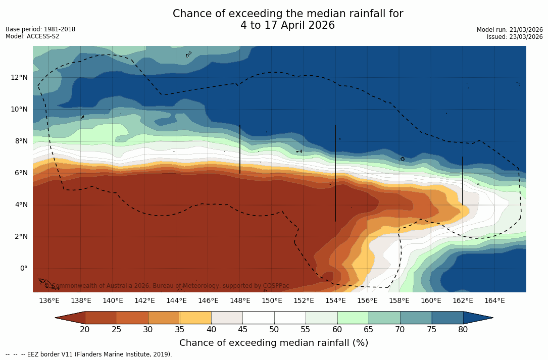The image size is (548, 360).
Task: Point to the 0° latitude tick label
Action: pyautogui.click(x=24, y=268)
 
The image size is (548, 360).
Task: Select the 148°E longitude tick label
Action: pyautogui.click(x=240, y=301)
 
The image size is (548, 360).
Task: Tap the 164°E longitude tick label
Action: pyautogui.click(x=494, y=301)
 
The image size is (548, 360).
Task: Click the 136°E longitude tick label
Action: pyautogui.click(x=49, y=301)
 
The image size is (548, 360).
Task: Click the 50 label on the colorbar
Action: pyautogui.click(x=274, y=330)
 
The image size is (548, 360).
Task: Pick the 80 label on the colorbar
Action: pyautogui.click(x=463, y=330)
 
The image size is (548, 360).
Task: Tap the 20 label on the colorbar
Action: pyautogui.click(x=85, y=330)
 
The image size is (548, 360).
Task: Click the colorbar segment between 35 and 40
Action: pyautogui.click(x=195, y=318)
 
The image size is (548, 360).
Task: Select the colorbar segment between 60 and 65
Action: pyautogui.click(x=353, y=318)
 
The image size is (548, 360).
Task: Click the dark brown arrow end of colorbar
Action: pyautogui.click(x=70, y=318)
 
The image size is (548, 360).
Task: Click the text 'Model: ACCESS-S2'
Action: pyautogui.click(x=32, y=36)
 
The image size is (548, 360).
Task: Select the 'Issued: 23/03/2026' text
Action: pyautogui.click(x=515, y=37)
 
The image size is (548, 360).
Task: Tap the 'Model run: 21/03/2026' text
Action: pyautogui.click(x=510, y=30)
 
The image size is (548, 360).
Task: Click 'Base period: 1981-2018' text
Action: pyautogui.click(x=40, y=29)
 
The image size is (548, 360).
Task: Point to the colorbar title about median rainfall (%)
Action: pyautogui.click(x=274, y=343)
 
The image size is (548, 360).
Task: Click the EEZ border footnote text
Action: pyautogui.click(x=89, y=354)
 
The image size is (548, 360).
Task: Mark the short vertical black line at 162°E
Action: pyautogui.click(x=463, y=180)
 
